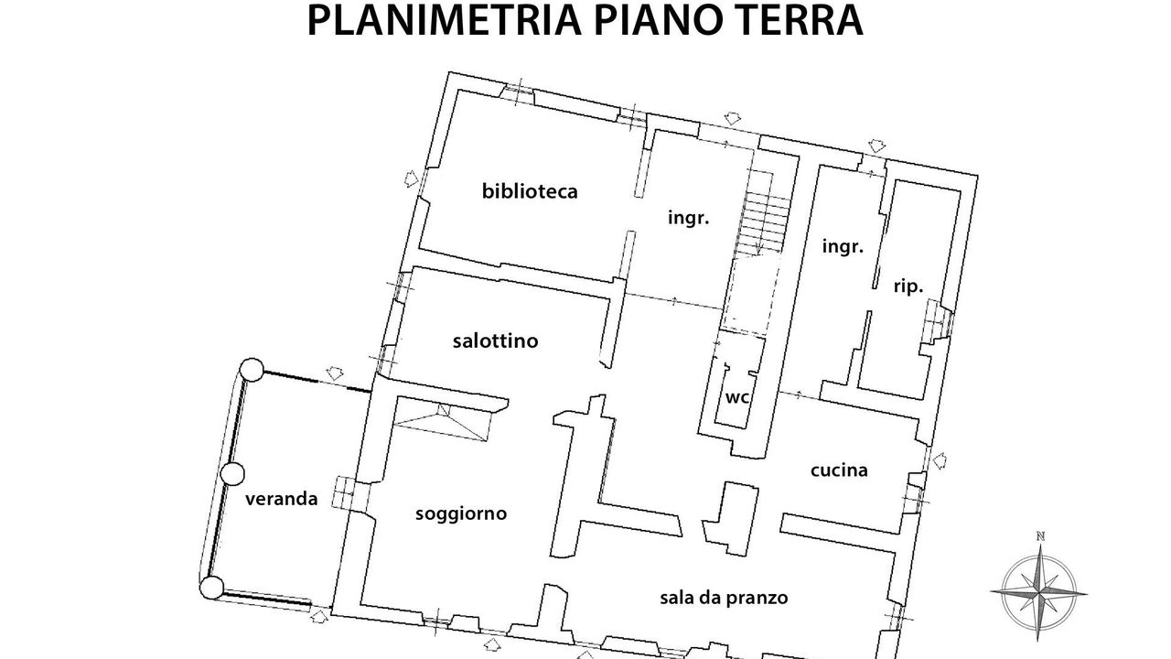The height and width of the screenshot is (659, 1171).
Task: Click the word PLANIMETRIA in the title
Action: point(444,20)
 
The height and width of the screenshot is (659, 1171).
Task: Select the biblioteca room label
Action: point(530,191)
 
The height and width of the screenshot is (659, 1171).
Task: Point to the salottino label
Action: point(495,341)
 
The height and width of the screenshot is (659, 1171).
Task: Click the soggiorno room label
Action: point(461,514)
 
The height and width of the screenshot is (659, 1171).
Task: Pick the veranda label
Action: point(281,499)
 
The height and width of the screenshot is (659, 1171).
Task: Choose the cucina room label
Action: point(839,470)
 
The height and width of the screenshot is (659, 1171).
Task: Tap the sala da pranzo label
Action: point(724,598)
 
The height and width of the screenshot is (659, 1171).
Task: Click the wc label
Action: point(737,398)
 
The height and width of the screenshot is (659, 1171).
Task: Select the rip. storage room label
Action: point(908,287)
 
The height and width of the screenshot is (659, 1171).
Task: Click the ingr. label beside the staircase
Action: point(689,218)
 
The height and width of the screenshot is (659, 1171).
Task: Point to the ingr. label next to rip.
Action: point(843,246)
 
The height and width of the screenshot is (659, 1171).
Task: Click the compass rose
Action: point(1039,592)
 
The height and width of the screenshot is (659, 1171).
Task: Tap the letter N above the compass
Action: point(1040,536)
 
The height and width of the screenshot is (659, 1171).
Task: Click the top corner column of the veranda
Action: point(252,370)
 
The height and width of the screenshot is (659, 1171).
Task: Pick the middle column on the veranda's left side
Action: point(232,474)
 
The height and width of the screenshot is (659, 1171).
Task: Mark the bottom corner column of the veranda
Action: point(211,588)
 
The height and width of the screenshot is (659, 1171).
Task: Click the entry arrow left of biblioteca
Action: point(412,178)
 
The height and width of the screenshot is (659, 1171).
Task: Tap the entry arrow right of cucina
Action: point(939,460)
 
